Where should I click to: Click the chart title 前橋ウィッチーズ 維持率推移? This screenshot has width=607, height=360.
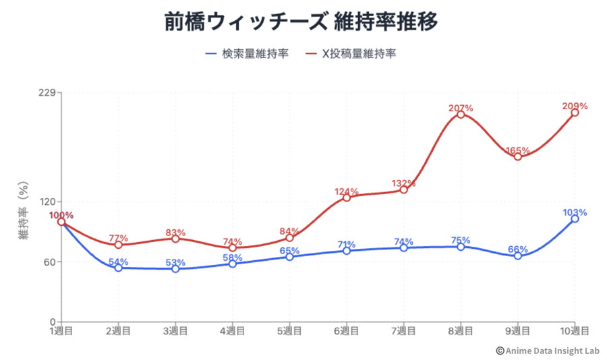click(301, 22)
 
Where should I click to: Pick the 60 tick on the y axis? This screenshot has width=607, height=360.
click(48, 262)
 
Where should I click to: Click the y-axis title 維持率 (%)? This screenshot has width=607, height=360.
click(23, 212)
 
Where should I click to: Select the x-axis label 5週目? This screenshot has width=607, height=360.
click(289, 331)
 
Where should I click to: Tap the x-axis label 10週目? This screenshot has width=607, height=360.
click(575, 331)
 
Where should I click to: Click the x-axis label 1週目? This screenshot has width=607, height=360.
click(61, 331)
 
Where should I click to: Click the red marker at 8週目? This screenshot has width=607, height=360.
click(461, 115)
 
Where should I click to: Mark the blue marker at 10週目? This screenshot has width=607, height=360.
click(575, 219)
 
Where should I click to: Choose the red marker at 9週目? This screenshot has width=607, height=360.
click(518, 156)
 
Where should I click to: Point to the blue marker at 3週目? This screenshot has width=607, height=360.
click(175, 268)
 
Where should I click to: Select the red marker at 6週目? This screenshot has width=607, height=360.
click(347, 198)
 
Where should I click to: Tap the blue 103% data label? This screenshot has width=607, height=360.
click(575, 212)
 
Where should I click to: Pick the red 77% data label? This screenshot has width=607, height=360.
click(118, 238)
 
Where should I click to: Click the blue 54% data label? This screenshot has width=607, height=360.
click(118, 262)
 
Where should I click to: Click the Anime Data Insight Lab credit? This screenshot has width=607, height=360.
click(548, 350)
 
